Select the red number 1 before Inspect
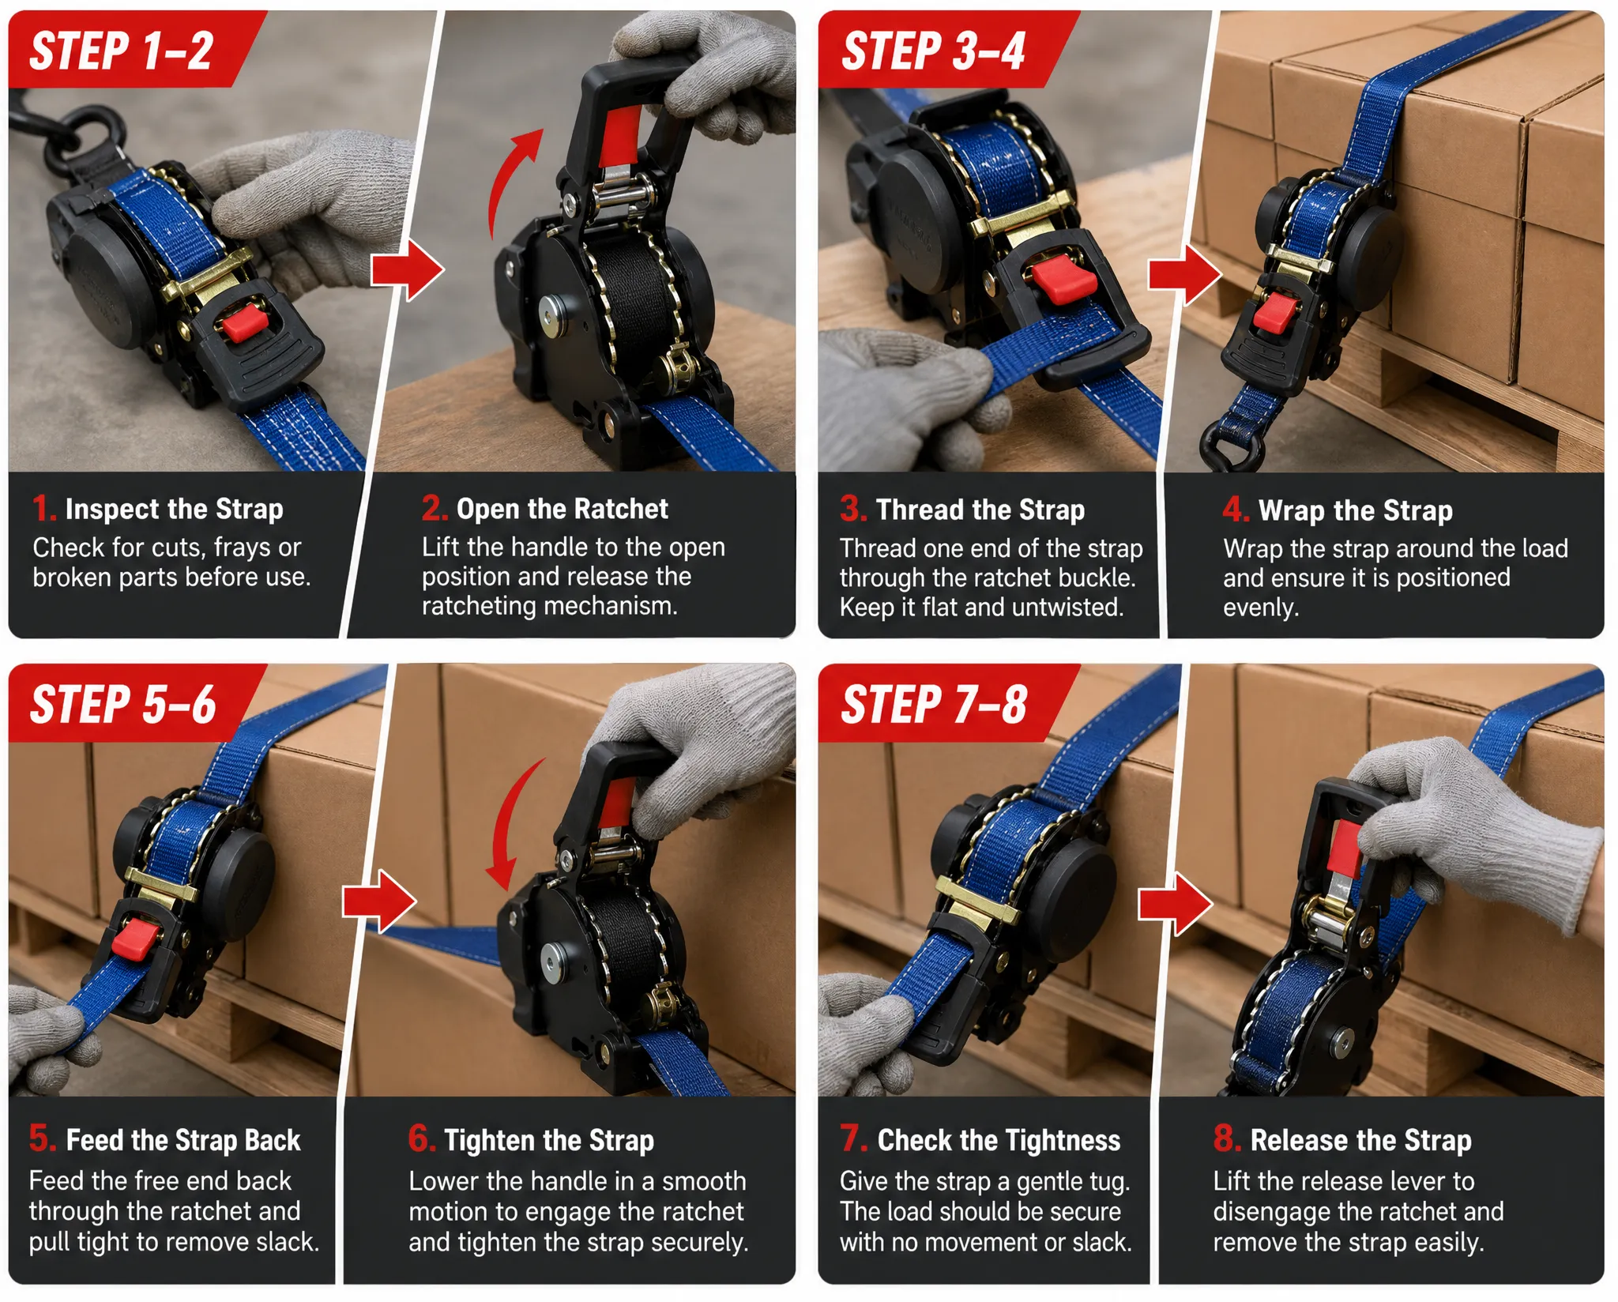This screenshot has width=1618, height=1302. (x=43, y=508)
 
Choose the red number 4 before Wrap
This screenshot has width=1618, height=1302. (x=1236, y=510)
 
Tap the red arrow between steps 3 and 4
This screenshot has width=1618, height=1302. (x=1185, y=274)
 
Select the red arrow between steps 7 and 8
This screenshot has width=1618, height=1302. (x=1175, y=904)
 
